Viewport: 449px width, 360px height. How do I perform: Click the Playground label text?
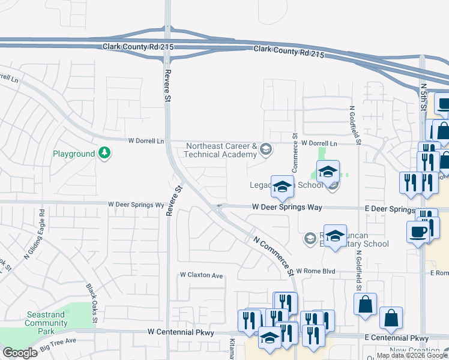coord(74,154)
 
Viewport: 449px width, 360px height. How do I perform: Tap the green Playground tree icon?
coord(105,154)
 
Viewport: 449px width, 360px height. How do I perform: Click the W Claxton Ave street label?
coord(202,275)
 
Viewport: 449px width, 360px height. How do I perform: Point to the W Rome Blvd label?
coord(315,272)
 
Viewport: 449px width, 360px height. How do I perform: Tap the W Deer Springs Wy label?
coord(136,205)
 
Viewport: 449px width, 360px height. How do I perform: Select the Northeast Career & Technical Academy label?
coord(222,150)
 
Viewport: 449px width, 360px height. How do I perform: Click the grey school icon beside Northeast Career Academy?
coord(265,148)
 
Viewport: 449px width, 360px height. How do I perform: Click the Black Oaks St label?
coord(91,305)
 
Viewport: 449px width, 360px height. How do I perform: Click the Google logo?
coord(20,353)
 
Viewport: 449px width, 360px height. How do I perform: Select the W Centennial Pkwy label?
coord(181,332)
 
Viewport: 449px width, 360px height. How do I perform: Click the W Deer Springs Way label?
coord(287,207)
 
